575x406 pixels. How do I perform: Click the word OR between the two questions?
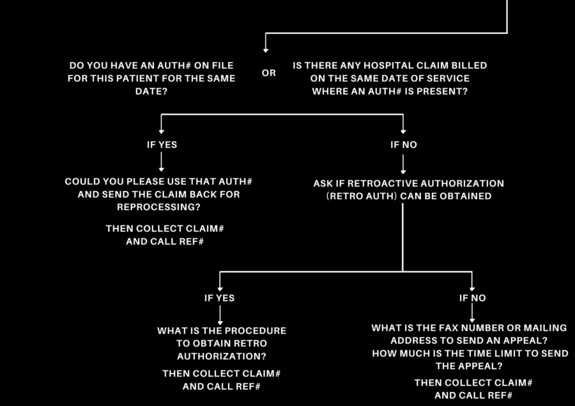(x=269, y=73)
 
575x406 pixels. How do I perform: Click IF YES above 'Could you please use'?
(x=162, y=144)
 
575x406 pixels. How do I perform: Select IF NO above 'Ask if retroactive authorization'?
(x=403, y=144)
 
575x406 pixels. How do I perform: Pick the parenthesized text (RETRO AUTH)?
(x=362, y=196)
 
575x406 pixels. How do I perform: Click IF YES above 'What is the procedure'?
(x=220, y=297)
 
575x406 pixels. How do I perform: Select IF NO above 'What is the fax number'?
(x=472, y=297)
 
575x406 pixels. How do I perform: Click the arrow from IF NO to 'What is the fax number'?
(x=472, y=313)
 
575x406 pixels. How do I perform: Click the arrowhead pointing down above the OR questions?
(x=266, y=50)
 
